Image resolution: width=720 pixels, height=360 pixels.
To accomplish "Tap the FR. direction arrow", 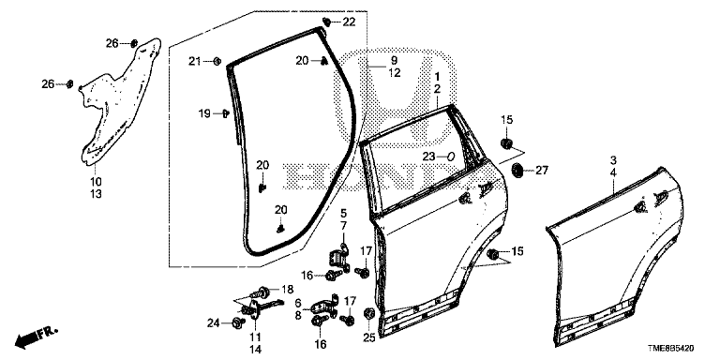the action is click(x=36, y=337).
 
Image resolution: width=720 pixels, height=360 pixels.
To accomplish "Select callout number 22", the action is click(x=349, y=22).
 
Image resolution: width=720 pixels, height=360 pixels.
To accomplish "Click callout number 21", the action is click(x=196, y=61).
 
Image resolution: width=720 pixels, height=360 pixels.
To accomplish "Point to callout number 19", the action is click(x=204, y=112).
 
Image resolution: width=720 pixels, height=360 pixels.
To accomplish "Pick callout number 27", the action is click(x=542, y=171).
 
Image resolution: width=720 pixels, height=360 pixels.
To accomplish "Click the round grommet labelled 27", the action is click(x=517, y=171).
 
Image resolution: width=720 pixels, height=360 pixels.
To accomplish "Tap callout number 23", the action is click(x=428, y=157).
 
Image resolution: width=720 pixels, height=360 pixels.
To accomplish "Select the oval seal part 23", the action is click(x=450, y=157).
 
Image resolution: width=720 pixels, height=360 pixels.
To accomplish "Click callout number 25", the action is click(x=369, y=337).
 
